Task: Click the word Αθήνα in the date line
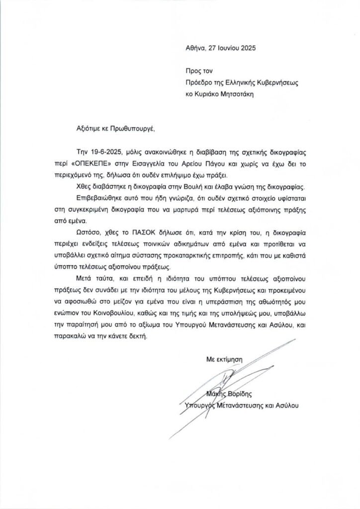(192, 49)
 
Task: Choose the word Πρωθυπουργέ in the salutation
(134, 127)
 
